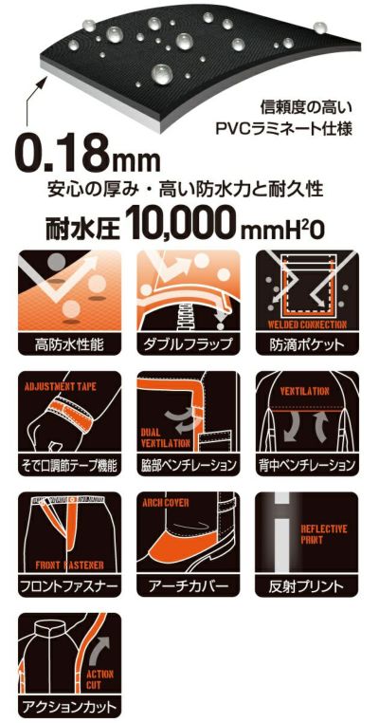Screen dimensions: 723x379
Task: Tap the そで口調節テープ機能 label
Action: (x=68, y=465)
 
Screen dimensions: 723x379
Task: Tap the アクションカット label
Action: (x=68, y=706)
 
